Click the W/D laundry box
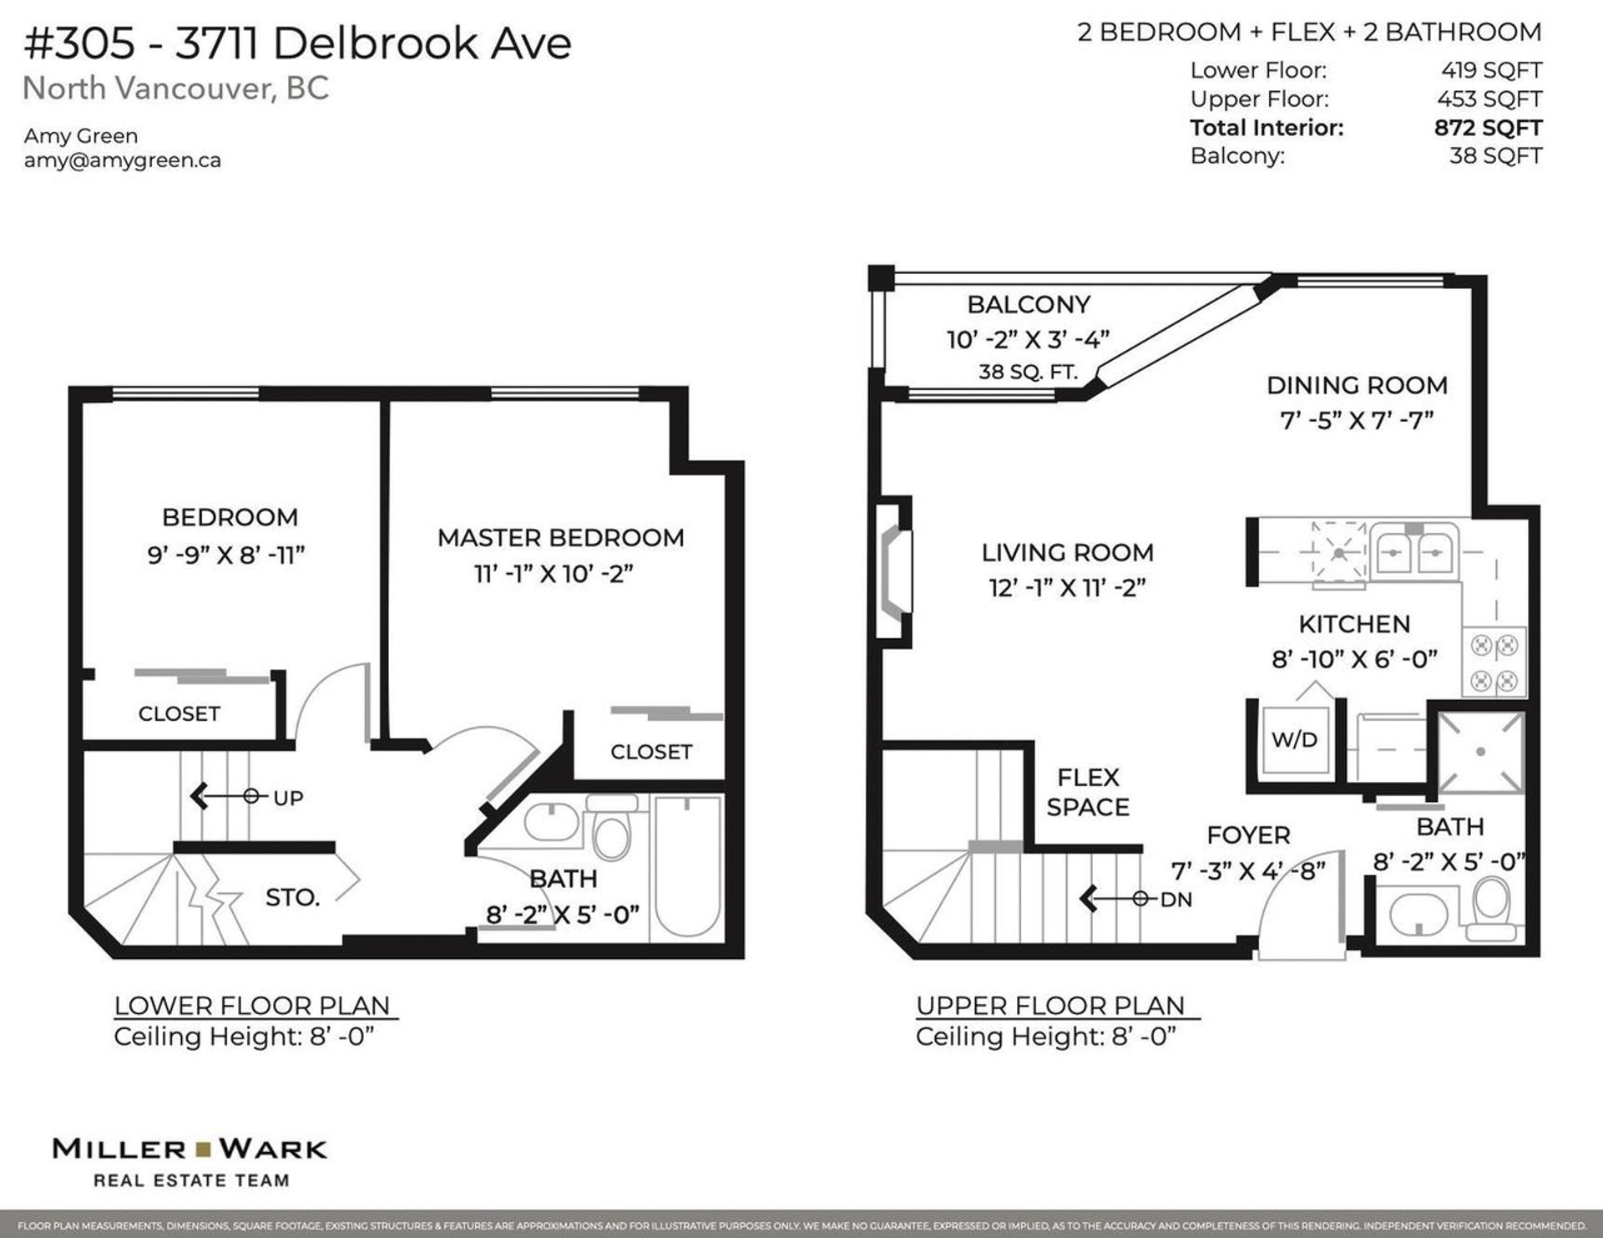coord(1294,739)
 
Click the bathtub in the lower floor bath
coord(687,866)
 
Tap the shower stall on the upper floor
coord(1480,751)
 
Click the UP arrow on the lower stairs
coord(224,796)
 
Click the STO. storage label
coord(292,898)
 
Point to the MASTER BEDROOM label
coord(560,537)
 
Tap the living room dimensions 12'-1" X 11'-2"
coord(1067,588)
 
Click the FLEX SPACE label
coord(1088,792)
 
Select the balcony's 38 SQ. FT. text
coord(1028,372)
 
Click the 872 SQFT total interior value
coord(1488,128)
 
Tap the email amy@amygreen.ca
coord(123,160)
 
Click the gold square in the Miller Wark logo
coord(203,1149)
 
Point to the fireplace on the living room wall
coord(894,571)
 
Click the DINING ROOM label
coord(1357,386)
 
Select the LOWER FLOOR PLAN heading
coord(252,1006)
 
